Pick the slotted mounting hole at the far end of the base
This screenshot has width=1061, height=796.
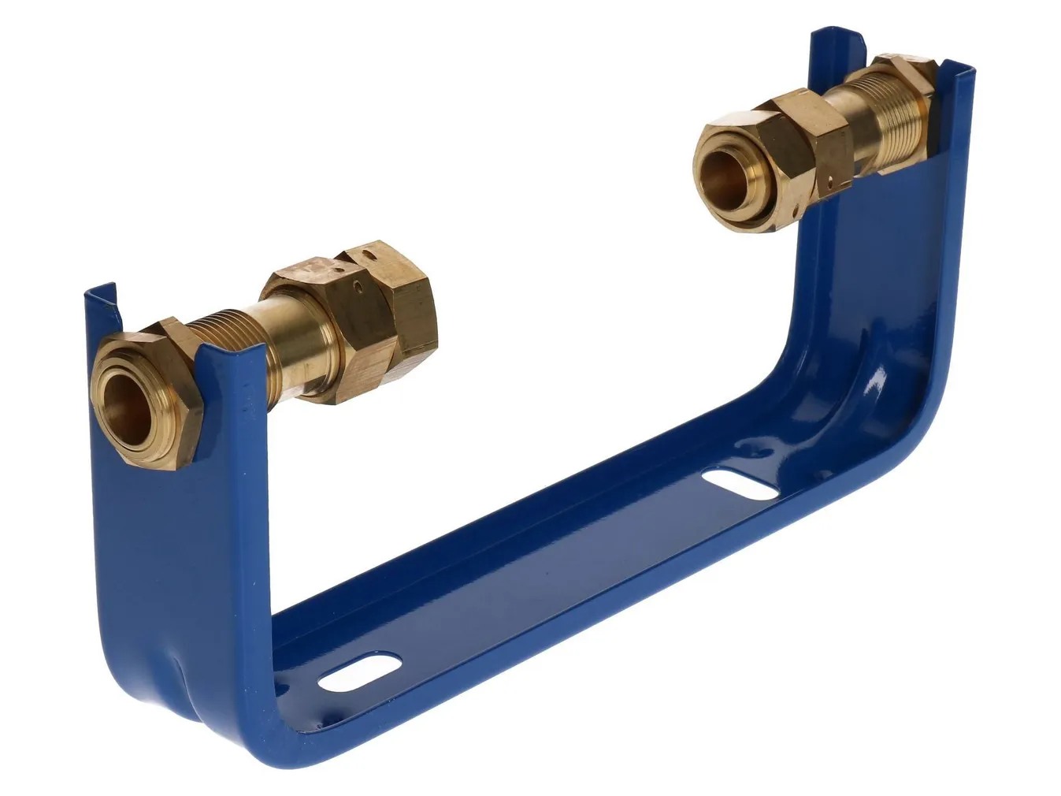point(737,484)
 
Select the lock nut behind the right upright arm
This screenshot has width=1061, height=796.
point(910,75)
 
